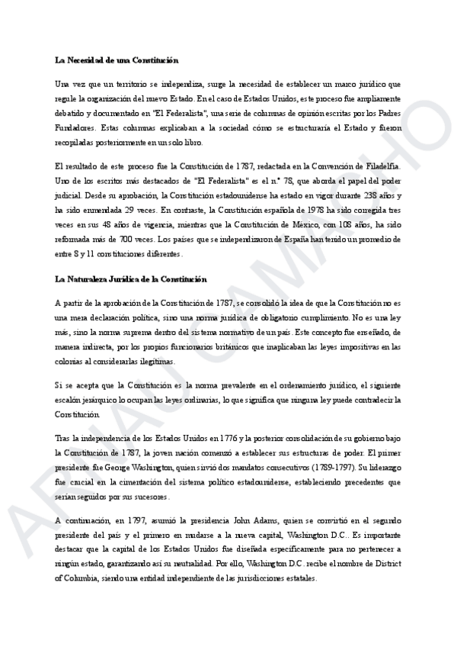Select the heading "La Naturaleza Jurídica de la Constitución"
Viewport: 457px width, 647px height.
pyautogui.click(x=130, y=280)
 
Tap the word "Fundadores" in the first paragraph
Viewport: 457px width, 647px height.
pyautogui.click(x=75, y=128)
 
